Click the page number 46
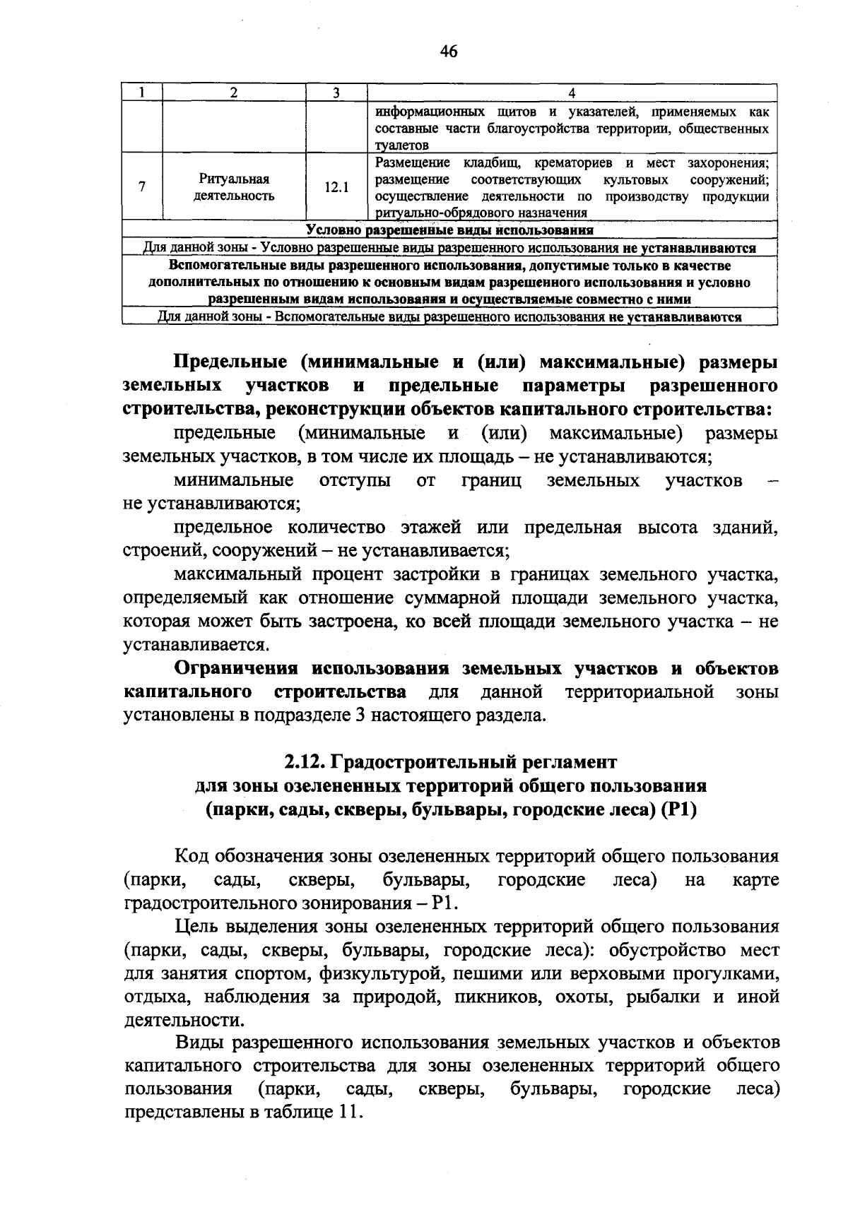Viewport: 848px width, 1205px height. (x=449, y=52)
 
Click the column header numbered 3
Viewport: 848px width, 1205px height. (x=336, y=93)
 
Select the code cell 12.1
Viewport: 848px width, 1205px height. (x=336, y=188)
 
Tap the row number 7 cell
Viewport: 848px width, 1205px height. (x=142, y=188)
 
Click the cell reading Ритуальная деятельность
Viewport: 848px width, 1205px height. (x=234, y=188)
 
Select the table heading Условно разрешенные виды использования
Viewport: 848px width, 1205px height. (x=449, y=230)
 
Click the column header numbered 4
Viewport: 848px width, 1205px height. (x=572, y=93)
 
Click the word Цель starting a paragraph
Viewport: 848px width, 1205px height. (x=197, y=927)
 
